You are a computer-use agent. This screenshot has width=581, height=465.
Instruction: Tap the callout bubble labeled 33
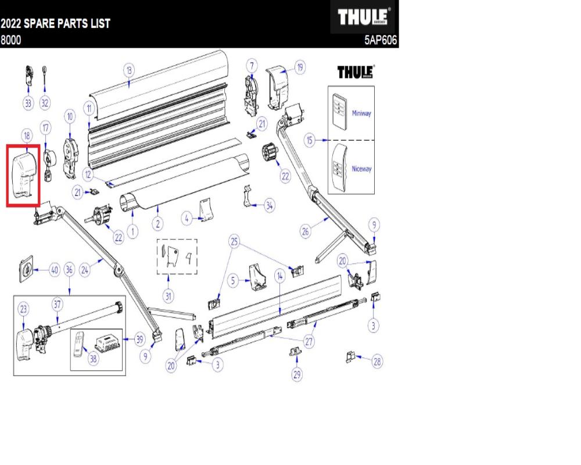(28, 103)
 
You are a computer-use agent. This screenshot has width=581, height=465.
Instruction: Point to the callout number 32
(45, 103)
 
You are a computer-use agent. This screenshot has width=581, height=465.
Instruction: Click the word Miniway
(361, 113)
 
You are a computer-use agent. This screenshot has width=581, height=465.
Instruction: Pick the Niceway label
(361, 169)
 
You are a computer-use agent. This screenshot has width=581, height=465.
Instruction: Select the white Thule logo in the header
(364, 17)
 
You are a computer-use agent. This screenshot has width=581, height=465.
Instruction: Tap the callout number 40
(54, 270)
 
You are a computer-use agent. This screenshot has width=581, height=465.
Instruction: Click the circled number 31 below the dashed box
(168, 296)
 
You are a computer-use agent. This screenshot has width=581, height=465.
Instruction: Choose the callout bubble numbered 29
(296, 375)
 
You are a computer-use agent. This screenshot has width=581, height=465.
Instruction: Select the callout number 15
(311, 141)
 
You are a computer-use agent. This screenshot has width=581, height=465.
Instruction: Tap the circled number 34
(269, 205)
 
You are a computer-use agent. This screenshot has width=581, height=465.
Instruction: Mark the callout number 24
(85, 270)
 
